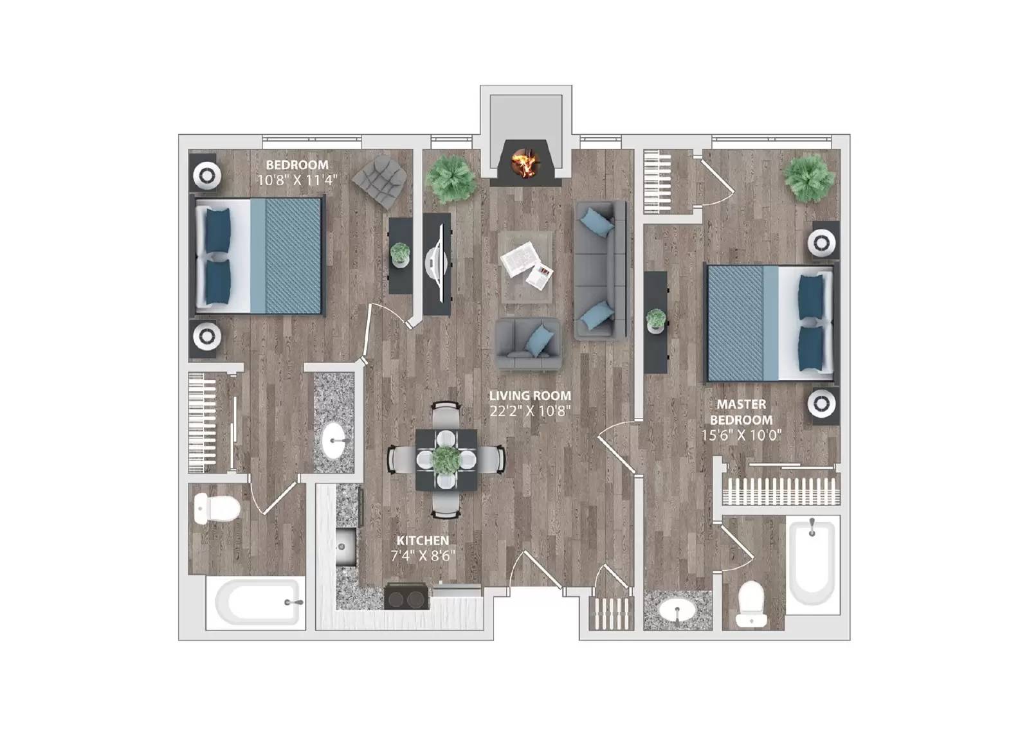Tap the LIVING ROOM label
tap(529, 396)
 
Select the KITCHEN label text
tap(423, 541)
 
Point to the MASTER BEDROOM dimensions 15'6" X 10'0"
tap(741, 435)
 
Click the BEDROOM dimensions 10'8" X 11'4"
tap(297, 180)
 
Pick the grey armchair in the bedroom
tap(381, 180)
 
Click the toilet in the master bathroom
tap(752, 604)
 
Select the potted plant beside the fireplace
tap(452, 177)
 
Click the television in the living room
tap(438, 264)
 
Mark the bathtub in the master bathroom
tap(812, 559)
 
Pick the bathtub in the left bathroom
tap(257, 603)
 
